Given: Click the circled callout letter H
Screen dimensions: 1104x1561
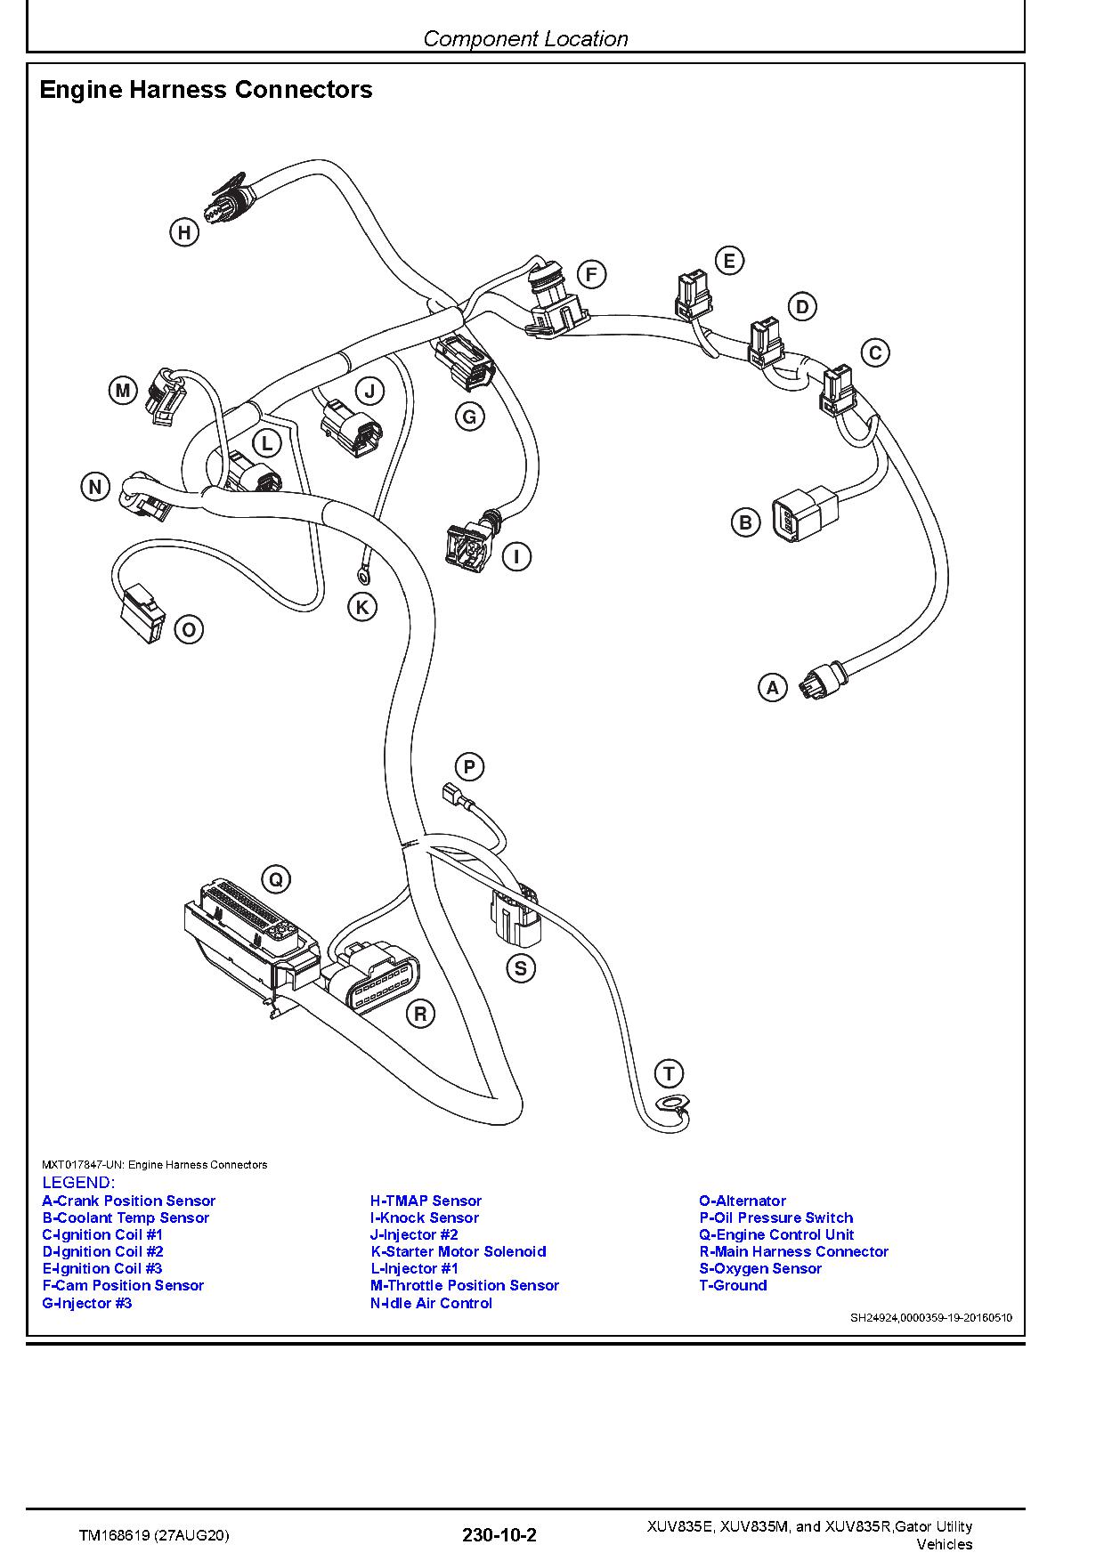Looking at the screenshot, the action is (183, 233).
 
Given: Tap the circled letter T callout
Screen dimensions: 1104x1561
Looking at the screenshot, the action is (669, 1073).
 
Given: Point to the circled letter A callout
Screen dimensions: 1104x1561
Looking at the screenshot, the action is (772, 687).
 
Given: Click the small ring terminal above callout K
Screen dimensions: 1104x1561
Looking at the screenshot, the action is (363, 562).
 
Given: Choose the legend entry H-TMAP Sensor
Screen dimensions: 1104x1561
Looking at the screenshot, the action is (426, 1201).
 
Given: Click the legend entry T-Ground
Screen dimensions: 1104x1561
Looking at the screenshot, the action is (733, 1285).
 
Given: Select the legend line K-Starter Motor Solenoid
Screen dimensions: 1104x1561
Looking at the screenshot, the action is (459, 1251).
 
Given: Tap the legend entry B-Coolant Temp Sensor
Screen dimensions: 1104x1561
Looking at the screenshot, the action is (126, 1217).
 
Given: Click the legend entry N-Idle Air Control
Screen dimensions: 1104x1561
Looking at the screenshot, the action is (431, 1303).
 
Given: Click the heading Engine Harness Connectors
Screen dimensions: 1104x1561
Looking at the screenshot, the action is (207, 90).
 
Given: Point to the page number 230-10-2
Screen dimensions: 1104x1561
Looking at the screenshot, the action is (499, 1534).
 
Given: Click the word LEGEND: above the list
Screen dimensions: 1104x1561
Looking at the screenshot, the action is (78, 1183).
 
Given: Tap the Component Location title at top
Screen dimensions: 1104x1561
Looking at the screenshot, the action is (525, 38).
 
